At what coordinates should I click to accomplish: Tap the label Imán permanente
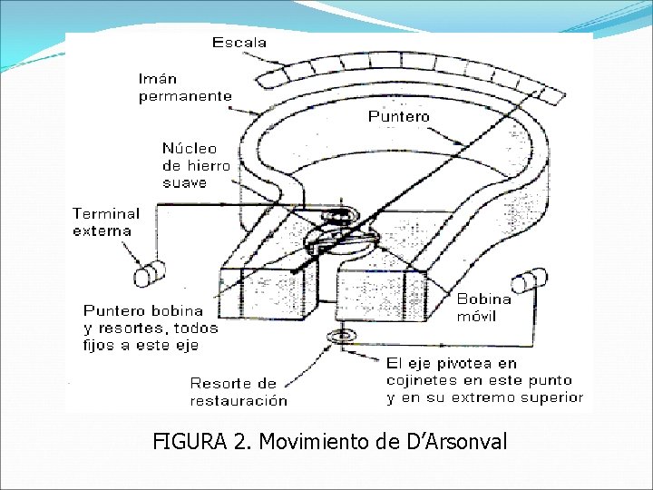pyautogui.click(x=184, y=87)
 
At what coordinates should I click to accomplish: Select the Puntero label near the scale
pyautogui.click(x=399, y=116)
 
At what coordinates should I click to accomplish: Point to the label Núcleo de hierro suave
pyautogui.click(x=196, y=165)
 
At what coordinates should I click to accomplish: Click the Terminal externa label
pyautogui.click(x=106, y=221)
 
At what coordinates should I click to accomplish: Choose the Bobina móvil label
pyautogui.click(x=483, y=307)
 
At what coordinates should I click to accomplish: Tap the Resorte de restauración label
pyautogui.click(x=239, y=391)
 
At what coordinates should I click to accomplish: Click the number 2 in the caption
pyautogui.click(x=239, y=442)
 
